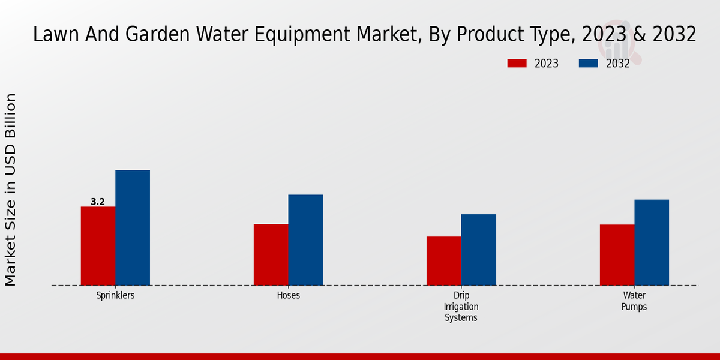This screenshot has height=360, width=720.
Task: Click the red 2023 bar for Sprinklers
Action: click(x=98, y=246)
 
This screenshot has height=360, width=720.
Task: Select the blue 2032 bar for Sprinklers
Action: click(x=133, y=228)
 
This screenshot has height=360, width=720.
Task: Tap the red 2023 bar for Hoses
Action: click(x=271, y=254)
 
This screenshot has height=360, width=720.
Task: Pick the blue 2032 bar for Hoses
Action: click(x=305, y=240)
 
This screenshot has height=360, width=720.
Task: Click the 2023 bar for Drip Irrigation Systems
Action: click(x=444, y=261)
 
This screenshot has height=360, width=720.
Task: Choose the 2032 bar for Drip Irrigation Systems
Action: click(x=479, y=250)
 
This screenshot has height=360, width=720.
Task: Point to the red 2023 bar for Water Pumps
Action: click(x=617, y=255)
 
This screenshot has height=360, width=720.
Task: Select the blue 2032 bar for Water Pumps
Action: click(x=652, y=242)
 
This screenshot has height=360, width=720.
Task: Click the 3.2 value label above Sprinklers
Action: click(x=98, y=202)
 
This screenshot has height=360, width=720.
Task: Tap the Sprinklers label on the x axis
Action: click(x=115, y=296)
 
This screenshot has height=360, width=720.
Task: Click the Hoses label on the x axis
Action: click(x=289, y=296)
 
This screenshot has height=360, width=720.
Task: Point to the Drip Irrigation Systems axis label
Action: click(x=461, y=307)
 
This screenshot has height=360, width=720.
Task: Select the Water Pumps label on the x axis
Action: click(x=634, y=301)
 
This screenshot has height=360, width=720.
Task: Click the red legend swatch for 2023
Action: click(x=517, y=64)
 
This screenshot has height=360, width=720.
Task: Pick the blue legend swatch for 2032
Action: click(x=589, y=64)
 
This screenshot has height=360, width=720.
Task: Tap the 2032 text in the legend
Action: click(x=618, y=64)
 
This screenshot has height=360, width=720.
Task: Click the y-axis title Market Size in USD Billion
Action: click(x=11, y=190)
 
